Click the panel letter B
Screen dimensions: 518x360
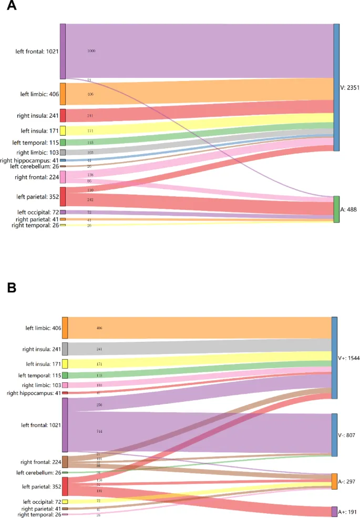(x=11, y=288)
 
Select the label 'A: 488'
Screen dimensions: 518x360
(x=349, y=209)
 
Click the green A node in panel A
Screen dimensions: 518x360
(x=336, y=209)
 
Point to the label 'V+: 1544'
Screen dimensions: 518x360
(x=349, y=358)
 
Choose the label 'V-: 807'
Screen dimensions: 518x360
(x=348, y=435)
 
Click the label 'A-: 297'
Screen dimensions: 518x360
(x=348, y=482)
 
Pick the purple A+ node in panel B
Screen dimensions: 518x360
(x=334, y=512)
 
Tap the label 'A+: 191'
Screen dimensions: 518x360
(x=348, y=512)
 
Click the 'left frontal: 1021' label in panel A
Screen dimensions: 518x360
(x=37, y=52)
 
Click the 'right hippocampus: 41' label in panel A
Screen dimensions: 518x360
(x=29, y=160)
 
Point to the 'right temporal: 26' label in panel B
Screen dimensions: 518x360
(x=39, y=514)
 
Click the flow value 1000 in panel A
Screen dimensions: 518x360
(x=91, y=51)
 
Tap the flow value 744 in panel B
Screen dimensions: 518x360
(x=99, y=431)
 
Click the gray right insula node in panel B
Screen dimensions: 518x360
(x=65, y=349)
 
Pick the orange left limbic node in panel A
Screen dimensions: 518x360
(x=63, y=94)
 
